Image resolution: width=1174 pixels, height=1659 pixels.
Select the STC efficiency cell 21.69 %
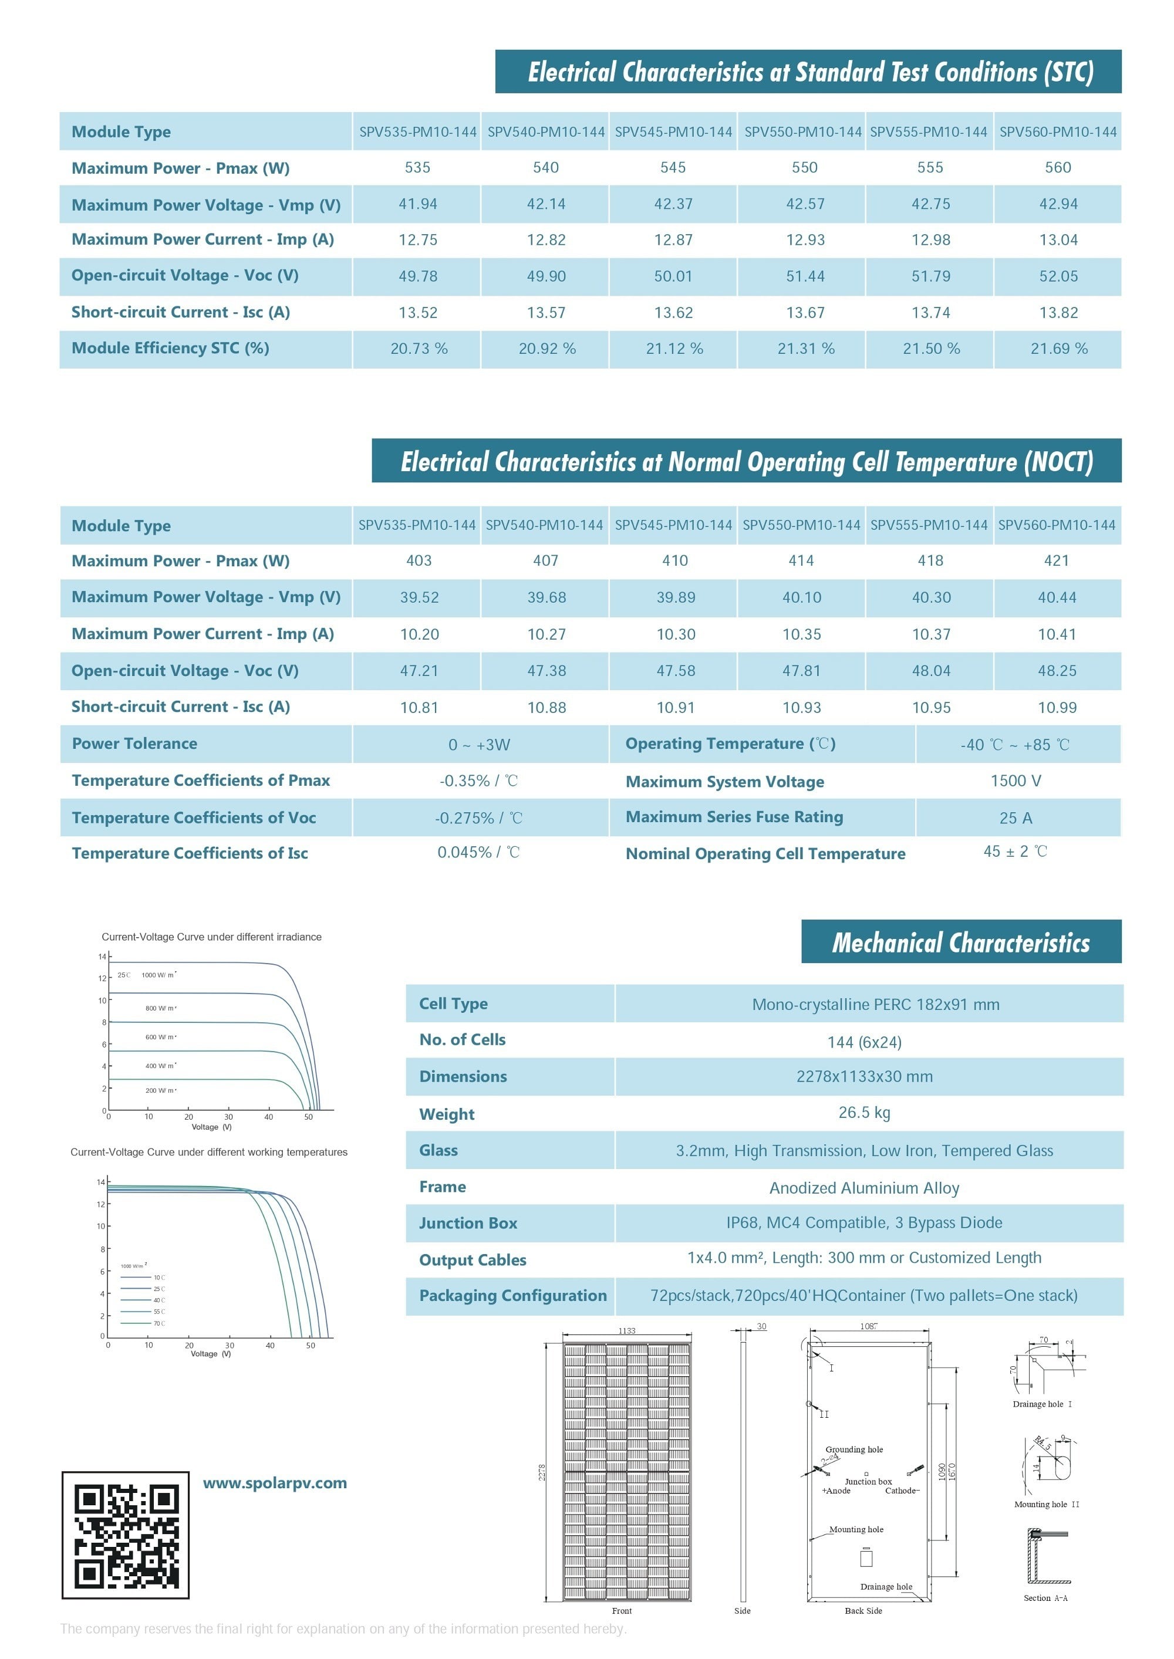tap(1058, 349)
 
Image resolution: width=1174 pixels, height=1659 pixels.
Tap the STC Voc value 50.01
tap(673, 276)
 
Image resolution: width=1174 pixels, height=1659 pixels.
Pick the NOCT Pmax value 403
tap(419, 560)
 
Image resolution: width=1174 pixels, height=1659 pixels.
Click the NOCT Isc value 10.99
tap(1057, 707)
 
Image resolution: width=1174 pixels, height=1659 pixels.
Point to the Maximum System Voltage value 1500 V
tap(1016, 781)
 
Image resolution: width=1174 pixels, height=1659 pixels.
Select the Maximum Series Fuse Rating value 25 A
tap(1016, 818)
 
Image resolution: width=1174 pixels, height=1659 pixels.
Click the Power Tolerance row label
tap(134, 744)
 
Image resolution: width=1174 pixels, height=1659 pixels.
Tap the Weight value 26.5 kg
tap(864, 1113)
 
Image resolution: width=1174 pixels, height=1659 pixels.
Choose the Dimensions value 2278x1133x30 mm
tap(864, 1077)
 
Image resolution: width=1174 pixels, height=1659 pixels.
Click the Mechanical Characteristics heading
tap(961, 943)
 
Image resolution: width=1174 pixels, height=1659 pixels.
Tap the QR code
tap(126, 1535)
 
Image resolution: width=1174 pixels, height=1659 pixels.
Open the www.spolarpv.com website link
tap(275, 1484)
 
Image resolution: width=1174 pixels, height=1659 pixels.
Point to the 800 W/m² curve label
tap(160, 1008)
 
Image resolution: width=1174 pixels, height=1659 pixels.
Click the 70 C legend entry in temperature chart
tap(158, 1324)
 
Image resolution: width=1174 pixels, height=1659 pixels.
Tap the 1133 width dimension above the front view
tap(627, 1331)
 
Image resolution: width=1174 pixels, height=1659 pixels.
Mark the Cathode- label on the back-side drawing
tap(902, 1491)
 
